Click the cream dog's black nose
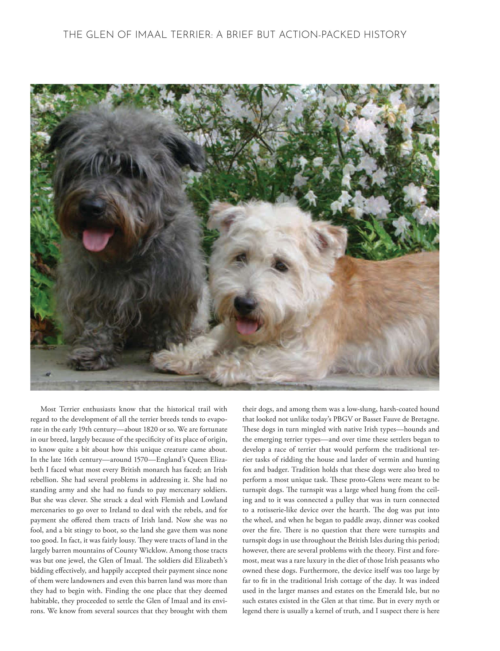(x=245, y=304)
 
